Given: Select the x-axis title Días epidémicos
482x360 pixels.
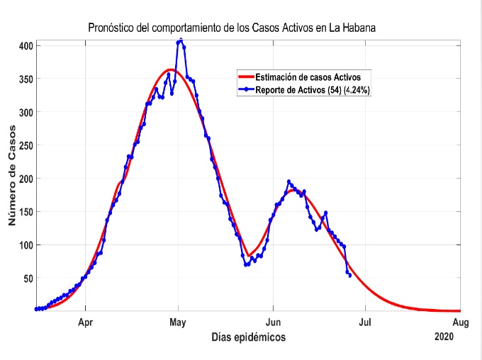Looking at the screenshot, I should pyautogui.click(x=249, y=338).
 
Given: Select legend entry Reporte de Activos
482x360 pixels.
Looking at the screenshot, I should pyautogui.click(x=313, y=89).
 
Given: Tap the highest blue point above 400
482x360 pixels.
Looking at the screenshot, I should pyautogui.click(x=181, y=40).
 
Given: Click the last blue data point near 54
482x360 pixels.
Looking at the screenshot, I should pyautogui.click(x=350, y=275).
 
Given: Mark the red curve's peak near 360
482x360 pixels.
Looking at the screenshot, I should pyautogui.click(x=170, y=69).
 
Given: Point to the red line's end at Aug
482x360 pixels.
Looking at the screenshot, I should pyautogui.click(x=459, y=310).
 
